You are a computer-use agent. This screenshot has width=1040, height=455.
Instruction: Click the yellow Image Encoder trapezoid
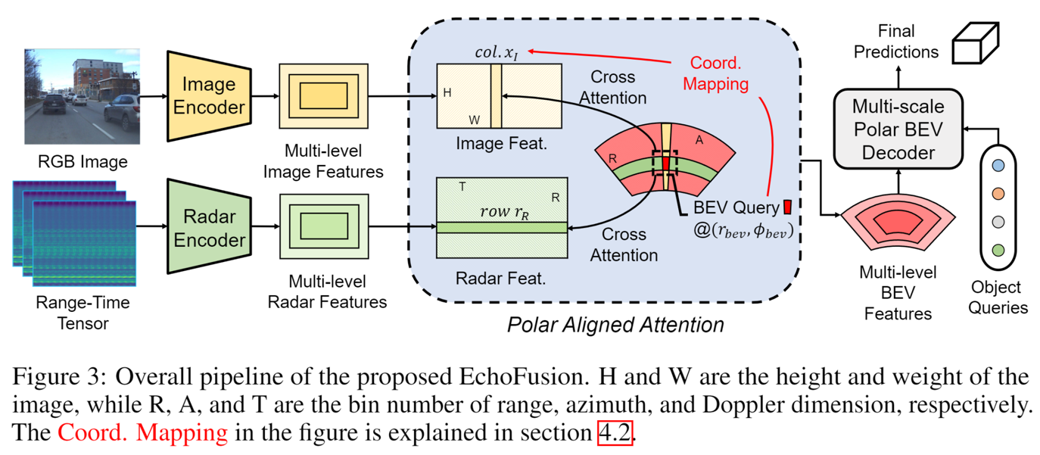click(x=208, y=96)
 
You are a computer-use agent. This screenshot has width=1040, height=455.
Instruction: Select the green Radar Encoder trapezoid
click(x=208, y=228)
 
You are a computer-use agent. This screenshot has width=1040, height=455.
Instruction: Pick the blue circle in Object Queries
click(x=998, y=165)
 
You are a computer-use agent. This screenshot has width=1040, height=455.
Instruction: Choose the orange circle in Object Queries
click(x=998, y=193)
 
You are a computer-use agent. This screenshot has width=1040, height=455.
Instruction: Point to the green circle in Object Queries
click(x=998, y=249)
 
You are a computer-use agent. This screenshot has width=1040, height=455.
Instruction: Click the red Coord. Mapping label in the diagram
click(x=715, y=73)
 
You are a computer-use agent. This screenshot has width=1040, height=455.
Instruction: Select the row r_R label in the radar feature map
click(x=501, y=212)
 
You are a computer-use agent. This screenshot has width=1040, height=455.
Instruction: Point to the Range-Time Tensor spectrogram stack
click(x=73, y=233)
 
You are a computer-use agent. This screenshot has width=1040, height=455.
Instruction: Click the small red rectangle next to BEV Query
click(x=787, y=207)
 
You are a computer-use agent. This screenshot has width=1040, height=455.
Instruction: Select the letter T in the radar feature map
click(x=462, y=185)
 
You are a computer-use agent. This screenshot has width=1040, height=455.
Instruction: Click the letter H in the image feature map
click(x=447, y=92)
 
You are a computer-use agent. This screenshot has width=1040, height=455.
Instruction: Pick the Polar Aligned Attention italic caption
click(x=615, y=325)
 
